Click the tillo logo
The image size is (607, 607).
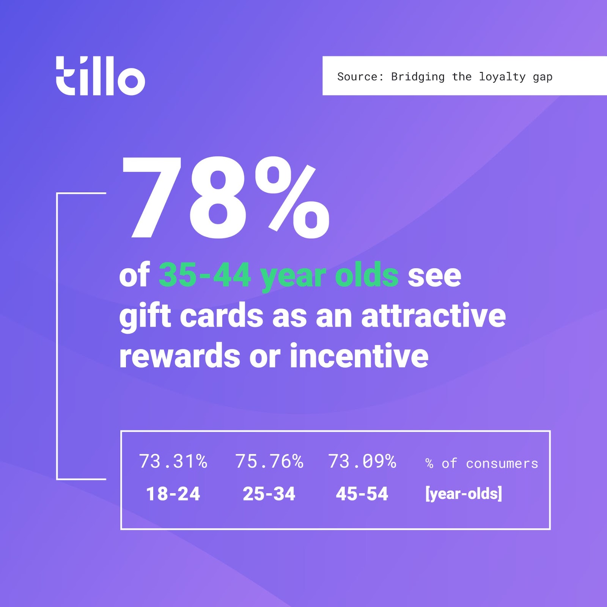pyautogui.click(x=101, y=76)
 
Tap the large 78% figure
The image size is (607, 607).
pyautogui.click(x=225, y=198)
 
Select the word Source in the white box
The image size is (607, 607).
pyautogui.click(x=357, y=77)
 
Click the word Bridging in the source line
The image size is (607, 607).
pyautogui.click(x=418, y=77)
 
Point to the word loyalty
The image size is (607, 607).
pyautogui.click(x=502, y=77)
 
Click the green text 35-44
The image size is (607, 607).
pyautogui.click(x=205, y=275)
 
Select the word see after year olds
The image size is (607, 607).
pyautogui.click(x=434, y=276)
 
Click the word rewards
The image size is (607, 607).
pyautogui.click(x=179, y=356)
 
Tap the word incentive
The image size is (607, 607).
pyautogui.click(x=359, y=356)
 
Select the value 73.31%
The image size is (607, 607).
pyautogui.click(x=173, y=462)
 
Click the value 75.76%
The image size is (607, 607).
pyautogui.click(x=269, y=462)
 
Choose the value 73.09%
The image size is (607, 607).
pyautogui.click(x=362, y=462)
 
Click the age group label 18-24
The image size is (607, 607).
pyautogui.click(x=173, y=494)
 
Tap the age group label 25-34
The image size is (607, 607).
pyautogui.click(x=269, y=494)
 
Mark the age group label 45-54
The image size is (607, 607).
pyautogui.click(x=362, y=494)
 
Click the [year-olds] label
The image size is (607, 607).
pyautogui.click(x=464, y=494)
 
